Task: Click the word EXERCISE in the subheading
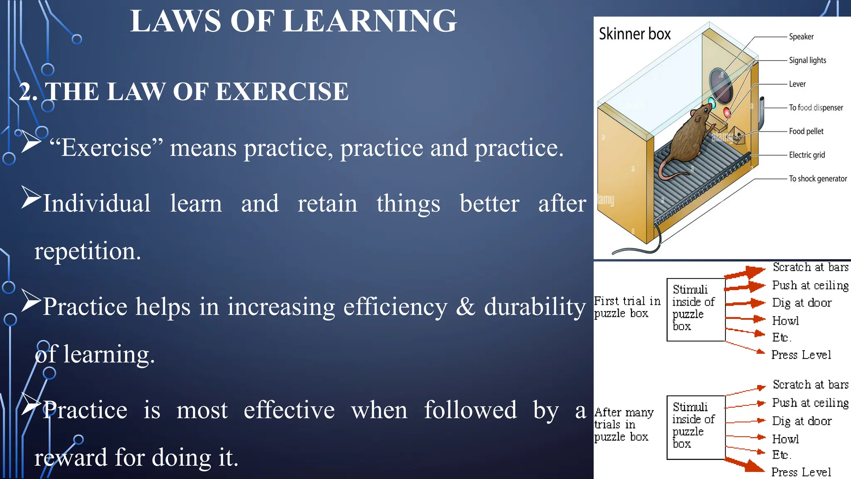[282, 91]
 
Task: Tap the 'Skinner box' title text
[635, 34]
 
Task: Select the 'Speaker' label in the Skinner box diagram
[801, 37]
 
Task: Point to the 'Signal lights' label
[807, 60]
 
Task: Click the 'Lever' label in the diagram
[797, 84]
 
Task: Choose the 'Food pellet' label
[806, 131]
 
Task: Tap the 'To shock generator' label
[817, 179]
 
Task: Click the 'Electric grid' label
[807, 155]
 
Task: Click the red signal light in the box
[727, 112]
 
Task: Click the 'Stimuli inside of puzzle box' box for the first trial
[696, 310]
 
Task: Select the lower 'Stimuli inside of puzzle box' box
[696, 427]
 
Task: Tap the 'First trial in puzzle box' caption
[627, 307]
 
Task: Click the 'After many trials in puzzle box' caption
[623, 425]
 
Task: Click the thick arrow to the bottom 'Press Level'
[746, 465]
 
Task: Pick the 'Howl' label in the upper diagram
[785, 321]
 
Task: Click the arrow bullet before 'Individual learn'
[31, 198]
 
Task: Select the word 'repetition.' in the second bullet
[88, 252]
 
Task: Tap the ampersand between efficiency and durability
[465, 307]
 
